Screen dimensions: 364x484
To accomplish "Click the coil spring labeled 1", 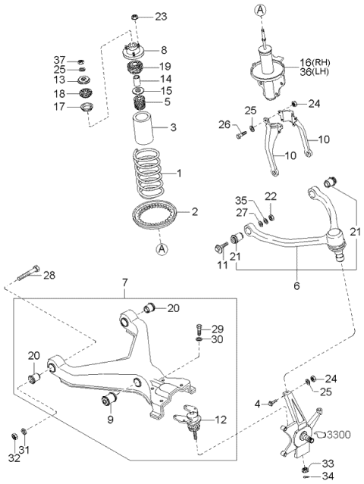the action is point(148,173).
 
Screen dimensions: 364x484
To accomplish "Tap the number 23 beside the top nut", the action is point(161,17).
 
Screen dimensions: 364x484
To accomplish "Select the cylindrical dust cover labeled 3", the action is point(143,129).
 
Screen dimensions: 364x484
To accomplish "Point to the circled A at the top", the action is point(260,10).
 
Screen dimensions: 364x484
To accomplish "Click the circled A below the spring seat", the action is point(162,248).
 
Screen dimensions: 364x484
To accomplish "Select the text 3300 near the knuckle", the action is point(339,435).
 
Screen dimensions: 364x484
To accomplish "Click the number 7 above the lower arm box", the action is point(124,282).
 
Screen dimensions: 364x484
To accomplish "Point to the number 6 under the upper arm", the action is point(297,286).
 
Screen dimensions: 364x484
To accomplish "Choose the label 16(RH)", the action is point(315,63).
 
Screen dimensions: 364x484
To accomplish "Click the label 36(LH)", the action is point(314,72).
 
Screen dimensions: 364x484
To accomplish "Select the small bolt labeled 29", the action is point(199,329).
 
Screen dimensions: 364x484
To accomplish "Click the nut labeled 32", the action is point(14,437).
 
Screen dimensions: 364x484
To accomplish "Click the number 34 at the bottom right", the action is point(328,477).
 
